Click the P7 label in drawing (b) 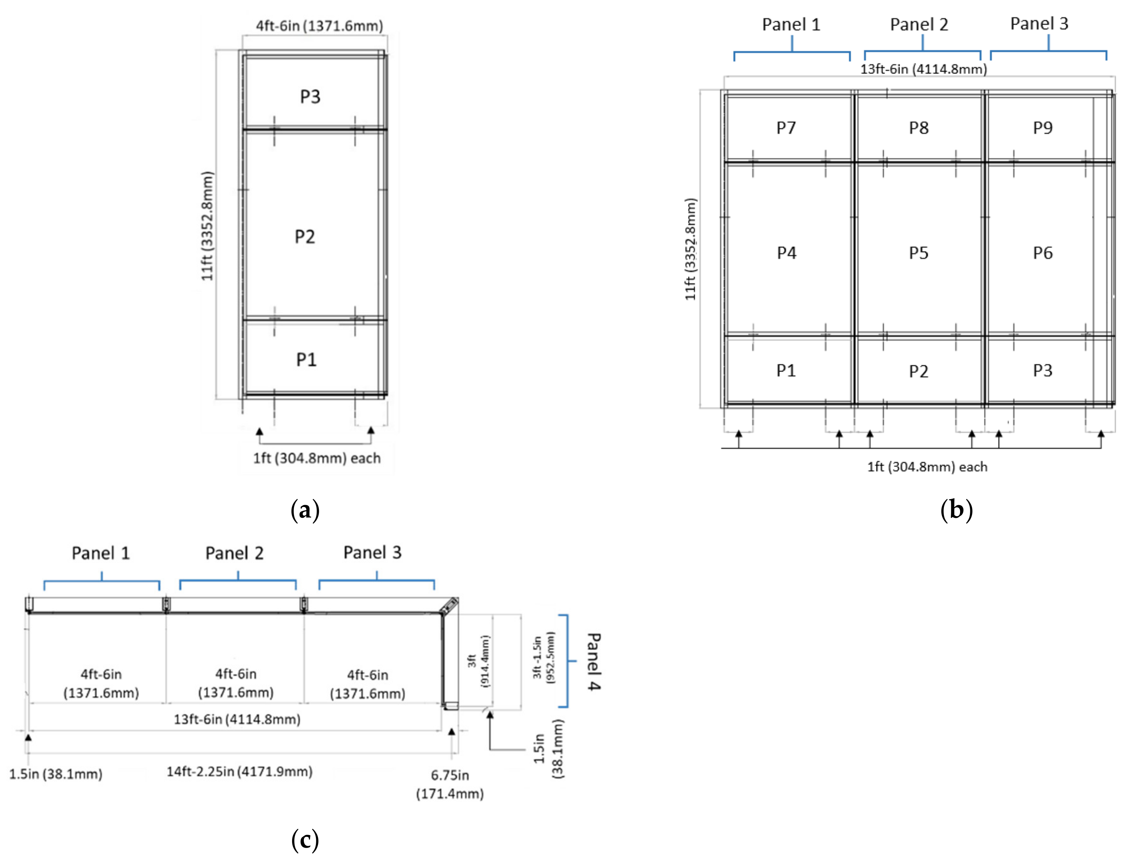pyautogui.click(x=786, y=128)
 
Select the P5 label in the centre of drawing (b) pyautogui.click(x=918, y=253)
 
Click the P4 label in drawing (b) pyautogui.click(x=786, y=253)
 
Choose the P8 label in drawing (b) pyautogui.click(x=918, y=128)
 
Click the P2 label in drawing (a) pyautogui.click(x=304, y=237)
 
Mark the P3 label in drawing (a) pyautogui.click(x=310, y=97)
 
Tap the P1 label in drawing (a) pyautogui.click(x=306, y=360)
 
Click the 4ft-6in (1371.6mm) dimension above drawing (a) pyautogui.click(x=319, y=26)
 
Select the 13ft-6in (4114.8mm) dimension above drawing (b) pyautogui.click(x=923, y=69)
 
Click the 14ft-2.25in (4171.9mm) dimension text pyautogui.click(x=239, y=771)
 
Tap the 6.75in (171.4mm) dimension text pyautogui.click(x=450, y=784)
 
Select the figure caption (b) pyautogui.click(x=956, y=510)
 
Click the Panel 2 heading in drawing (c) pyautogui.click(x=235, y=553)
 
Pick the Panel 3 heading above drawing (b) pyautogui.click(x=1039, y=24)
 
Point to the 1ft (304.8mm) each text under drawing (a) pyautogui.click(x=316, y=458)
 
